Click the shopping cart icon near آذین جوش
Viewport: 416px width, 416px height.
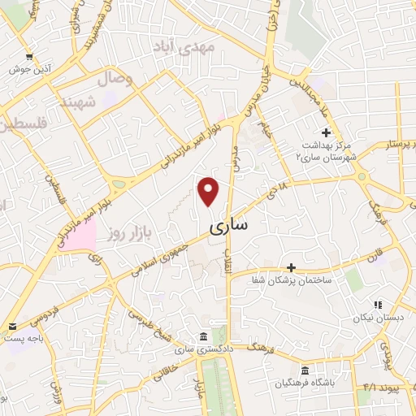point(30,57)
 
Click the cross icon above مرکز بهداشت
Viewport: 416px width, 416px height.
point(326,132)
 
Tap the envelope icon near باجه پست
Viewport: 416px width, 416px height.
point(12,326)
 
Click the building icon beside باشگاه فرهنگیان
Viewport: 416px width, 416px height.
point(305,370)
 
